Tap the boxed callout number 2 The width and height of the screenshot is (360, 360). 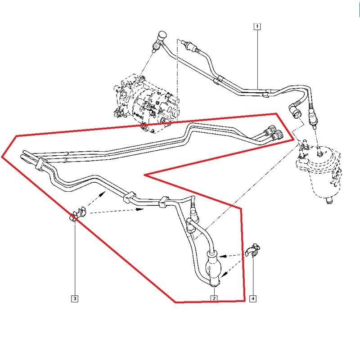[214, 298]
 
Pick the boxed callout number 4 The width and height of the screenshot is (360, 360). [253, 298]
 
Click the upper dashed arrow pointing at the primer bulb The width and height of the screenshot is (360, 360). [234, 255]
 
